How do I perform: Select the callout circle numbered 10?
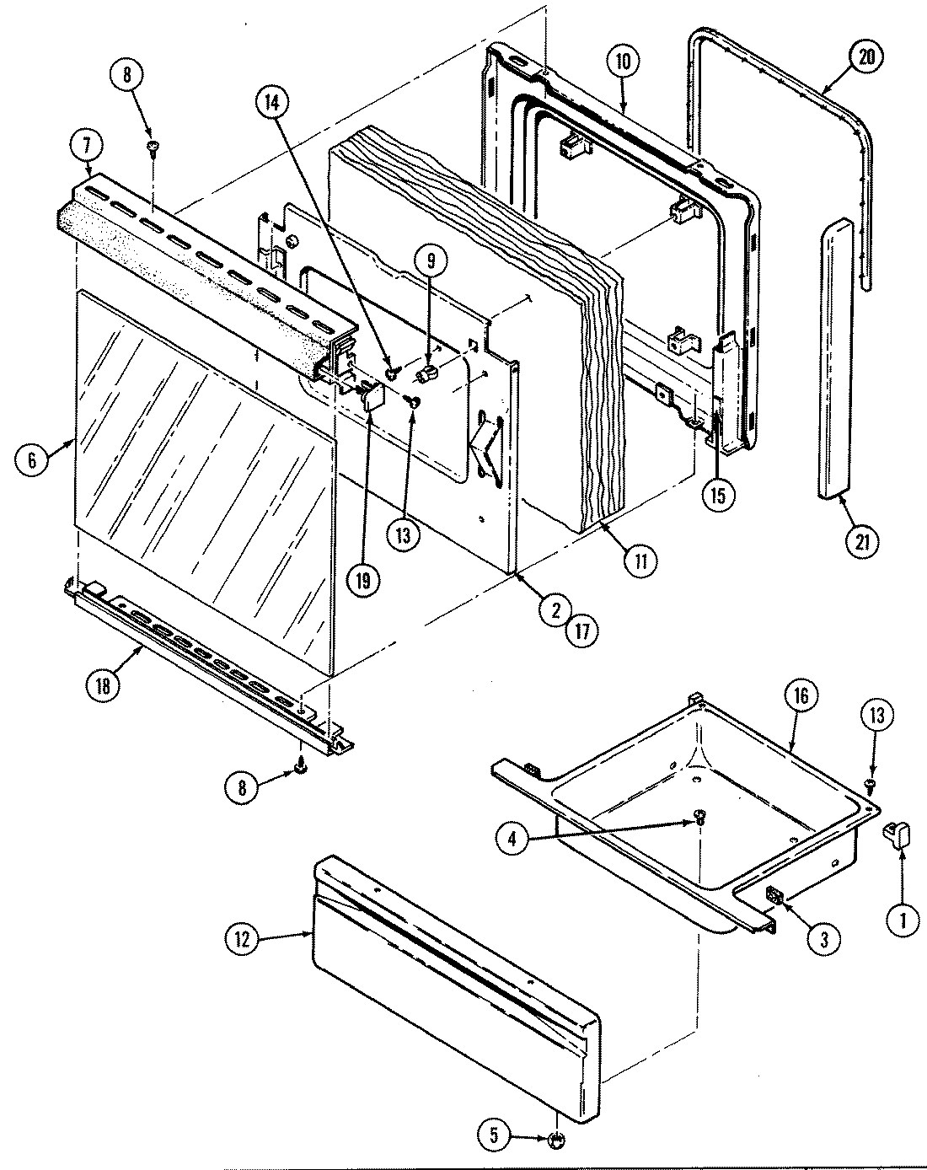[x=622, y=62]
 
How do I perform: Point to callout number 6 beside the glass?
[x=31, y=459]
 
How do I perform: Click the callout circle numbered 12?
[x=243, y=940]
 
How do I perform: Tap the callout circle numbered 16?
[x=801, y=695]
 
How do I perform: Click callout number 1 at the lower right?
[x=903, y=921]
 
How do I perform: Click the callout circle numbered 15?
[x=717, y=495]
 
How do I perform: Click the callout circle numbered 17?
[x=581, y=629]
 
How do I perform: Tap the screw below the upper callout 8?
[x=153, y=148]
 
